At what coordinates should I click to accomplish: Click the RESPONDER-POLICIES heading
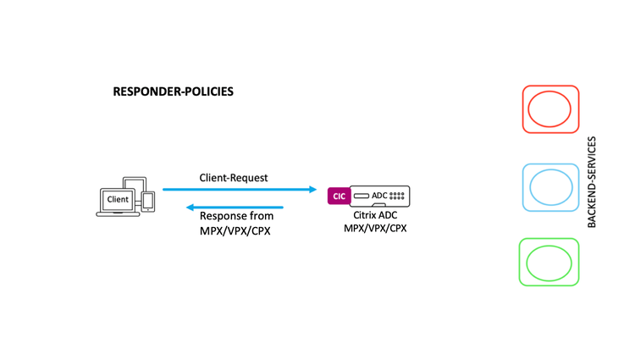click(173, 91)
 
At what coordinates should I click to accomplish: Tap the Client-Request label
click(234, 178)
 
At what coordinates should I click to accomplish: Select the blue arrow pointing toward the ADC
click(240, 189)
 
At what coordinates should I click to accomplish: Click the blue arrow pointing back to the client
click(235, 208)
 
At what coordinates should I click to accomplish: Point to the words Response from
click(236, 216)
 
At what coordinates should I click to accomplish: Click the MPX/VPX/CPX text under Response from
click(235, 231)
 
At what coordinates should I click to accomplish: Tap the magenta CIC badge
click(339, 196)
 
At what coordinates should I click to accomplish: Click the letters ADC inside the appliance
click(379, 196)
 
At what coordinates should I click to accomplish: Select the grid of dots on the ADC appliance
click(397, 196)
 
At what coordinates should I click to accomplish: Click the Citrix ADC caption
click(375, 215)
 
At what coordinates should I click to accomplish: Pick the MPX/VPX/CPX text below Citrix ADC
click(375, 229)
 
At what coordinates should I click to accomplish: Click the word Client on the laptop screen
click(118, 199)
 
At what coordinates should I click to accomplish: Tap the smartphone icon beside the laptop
click(148, 202)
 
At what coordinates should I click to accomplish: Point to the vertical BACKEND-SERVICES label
click(592, 182)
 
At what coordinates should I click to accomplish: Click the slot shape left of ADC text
click(362, 196)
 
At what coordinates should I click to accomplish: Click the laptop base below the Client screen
click(118, 214)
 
